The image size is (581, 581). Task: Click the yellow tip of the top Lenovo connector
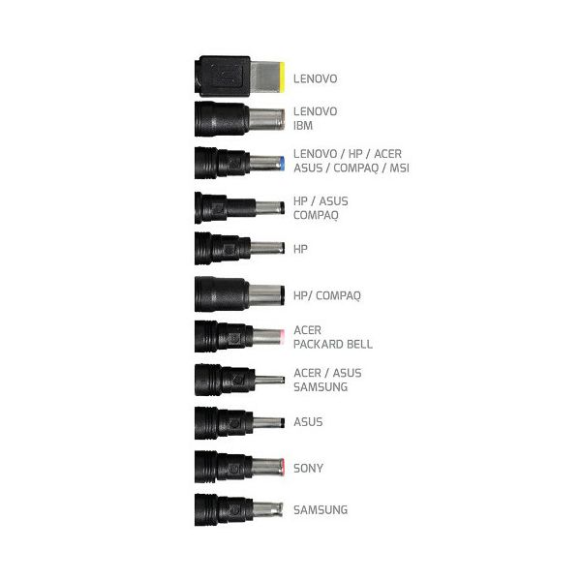[283, 77]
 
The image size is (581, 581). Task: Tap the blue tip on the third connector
[283, 164]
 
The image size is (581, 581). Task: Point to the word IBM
[303, 126]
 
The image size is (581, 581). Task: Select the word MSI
[399, 168]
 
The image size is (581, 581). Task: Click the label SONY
[308, 469]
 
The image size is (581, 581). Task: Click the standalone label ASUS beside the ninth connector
[308, 421]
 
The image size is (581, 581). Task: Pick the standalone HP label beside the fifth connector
[300, 249]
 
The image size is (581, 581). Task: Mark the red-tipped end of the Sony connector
[283, 467]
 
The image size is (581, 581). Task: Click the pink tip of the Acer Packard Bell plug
[282, 337]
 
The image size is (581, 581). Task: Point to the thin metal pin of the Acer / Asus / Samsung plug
[269, 381]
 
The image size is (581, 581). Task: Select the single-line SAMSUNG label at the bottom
[321, 510]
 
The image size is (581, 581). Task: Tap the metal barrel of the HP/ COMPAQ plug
[266, 295]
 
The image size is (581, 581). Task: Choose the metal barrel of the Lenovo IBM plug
[266, 119]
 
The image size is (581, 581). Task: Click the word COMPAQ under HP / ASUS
[316, 215]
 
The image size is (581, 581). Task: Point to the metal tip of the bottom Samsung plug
[267, 509]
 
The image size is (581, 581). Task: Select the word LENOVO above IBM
[316, 111]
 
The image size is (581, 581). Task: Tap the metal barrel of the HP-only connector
[267, 248]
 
